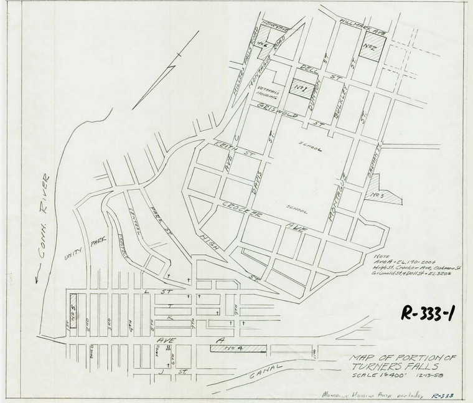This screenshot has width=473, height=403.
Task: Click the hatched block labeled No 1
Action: click(301, 90)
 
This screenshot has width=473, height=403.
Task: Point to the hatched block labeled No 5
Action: click(73, 315)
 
